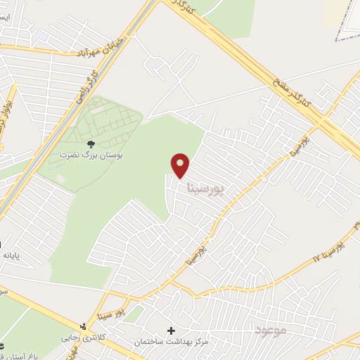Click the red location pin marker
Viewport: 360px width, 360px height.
point(181,165)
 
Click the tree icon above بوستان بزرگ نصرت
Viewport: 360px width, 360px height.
point(90,143)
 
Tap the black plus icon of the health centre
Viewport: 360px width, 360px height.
point(171,330)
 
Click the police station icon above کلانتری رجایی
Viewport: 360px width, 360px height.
point(84,326)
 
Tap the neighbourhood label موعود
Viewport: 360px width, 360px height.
point(270,330)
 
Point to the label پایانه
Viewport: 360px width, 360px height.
point(14,254)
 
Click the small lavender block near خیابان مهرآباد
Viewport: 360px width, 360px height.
point(42,34)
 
